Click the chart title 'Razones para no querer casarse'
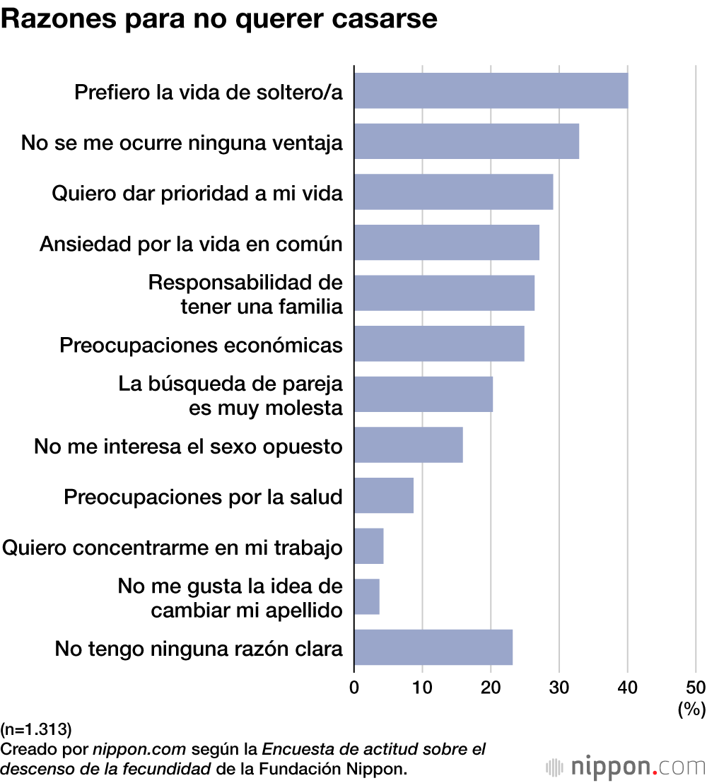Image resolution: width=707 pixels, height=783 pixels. [x=219, y=20]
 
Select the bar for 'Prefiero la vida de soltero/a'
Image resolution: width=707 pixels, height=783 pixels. [x=491, y=90]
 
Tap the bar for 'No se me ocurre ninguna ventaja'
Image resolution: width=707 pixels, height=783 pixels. [x=467, y=141]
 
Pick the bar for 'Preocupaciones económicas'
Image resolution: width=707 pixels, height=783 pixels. [x=439, y=344]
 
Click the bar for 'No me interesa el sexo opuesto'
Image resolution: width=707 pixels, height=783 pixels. [x=408, y=445]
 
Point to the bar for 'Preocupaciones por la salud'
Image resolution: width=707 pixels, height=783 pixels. [x=383, y=495]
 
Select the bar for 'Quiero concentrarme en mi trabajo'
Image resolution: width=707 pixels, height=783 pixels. [x=368, y=546]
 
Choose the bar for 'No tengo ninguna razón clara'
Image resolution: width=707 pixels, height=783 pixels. [x=433, y=647]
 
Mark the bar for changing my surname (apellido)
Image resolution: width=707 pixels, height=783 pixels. [x=366, y=597]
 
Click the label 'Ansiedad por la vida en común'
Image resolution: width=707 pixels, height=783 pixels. [x=191, y=244]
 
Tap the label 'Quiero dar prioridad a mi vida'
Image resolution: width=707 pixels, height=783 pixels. [x=197, y=194]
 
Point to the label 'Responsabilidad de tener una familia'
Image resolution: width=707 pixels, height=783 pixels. [x=245, y=294]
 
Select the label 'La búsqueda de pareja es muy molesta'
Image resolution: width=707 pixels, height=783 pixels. [x=230, y=396]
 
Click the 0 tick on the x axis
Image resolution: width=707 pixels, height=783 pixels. [x=354, y=687]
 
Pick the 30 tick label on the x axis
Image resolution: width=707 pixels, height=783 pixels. [x=559, y=687]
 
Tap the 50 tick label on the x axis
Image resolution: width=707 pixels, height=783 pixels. [x=696, y=687]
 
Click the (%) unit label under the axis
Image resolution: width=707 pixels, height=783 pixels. [x=691, y=709]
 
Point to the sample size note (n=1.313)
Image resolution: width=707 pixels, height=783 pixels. [x=37, y=728]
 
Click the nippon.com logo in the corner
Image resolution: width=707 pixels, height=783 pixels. [x=625, y=767]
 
